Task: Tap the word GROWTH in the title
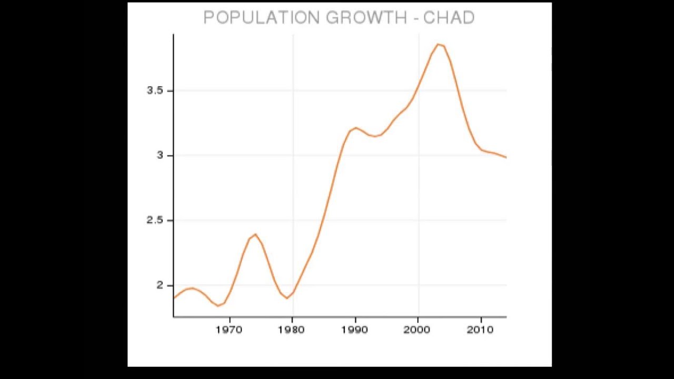click(366, 18)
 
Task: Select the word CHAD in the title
click(449, 18)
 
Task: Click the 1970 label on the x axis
click(229, 330)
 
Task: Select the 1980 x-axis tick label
click(291, 330)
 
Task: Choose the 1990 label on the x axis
click(354, 330)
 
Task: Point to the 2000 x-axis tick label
click(418, 330)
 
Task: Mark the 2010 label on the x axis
click(480, 330)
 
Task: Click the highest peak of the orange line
click(438, 45)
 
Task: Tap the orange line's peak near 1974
click(255, 235)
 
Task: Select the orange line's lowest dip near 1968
click(218, 306)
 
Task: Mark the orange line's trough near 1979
click(287, 298)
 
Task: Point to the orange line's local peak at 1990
click(356, 128)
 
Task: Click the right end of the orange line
click(506, 157)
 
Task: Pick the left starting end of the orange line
click(174, 298)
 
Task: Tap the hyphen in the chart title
click(415, 18)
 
